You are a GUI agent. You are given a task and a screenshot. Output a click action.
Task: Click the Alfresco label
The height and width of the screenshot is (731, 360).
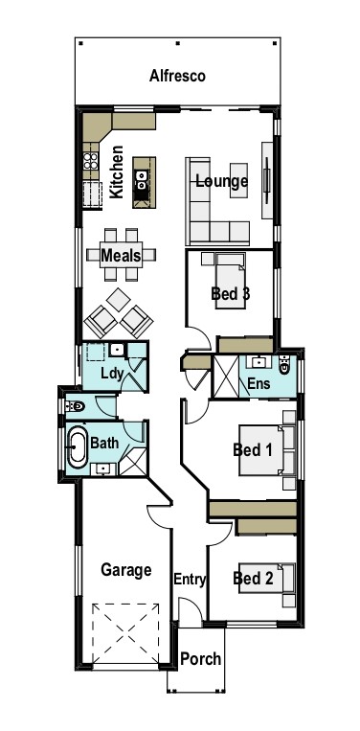178,76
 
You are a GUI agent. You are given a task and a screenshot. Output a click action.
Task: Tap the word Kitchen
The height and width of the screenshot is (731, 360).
117,171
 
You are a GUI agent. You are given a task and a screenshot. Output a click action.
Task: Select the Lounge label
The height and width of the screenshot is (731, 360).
221,181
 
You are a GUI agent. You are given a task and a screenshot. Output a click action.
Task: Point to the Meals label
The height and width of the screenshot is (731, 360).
121,256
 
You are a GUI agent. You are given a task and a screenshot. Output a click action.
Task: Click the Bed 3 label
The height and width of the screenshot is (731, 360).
231,293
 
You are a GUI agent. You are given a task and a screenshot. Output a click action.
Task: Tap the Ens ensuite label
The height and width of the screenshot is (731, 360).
259,383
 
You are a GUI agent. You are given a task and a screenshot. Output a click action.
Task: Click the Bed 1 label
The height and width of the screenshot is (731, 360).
254,449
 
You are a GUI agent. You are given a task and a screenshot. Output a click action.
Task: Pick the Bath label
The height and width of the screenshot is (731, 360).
103,444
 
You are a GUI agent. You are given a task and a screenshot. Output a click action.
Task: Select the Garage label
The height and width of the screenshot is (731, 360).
126,570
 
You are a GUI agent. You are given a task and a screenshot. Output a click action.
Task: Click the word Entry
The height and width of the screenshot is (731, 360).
191,579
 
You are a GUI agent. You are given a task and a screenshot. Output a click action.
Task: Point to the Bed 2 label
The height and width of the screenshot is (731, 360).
254,578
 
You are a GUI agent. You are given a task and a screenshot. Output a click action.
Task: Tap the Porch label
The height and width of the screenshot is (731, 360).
201,659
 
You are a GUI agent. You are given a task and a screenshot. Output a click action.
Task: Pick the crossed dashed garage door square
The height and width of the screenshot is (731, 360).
124,633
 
